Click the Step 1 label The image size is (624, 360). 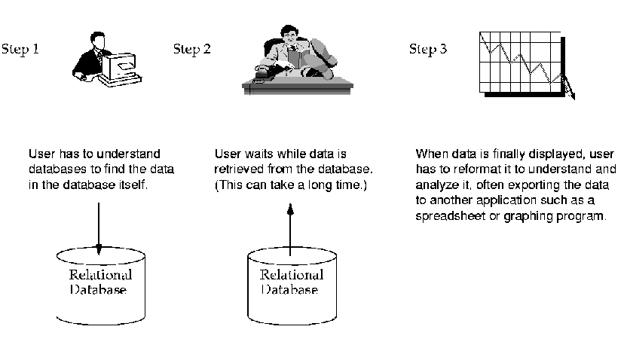[20, 50]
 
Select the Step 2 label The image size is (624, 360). [191, 50]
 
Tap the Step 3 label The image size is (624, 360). [427, 50]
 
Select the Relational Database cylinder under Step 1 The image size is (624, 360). [98, 283]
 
